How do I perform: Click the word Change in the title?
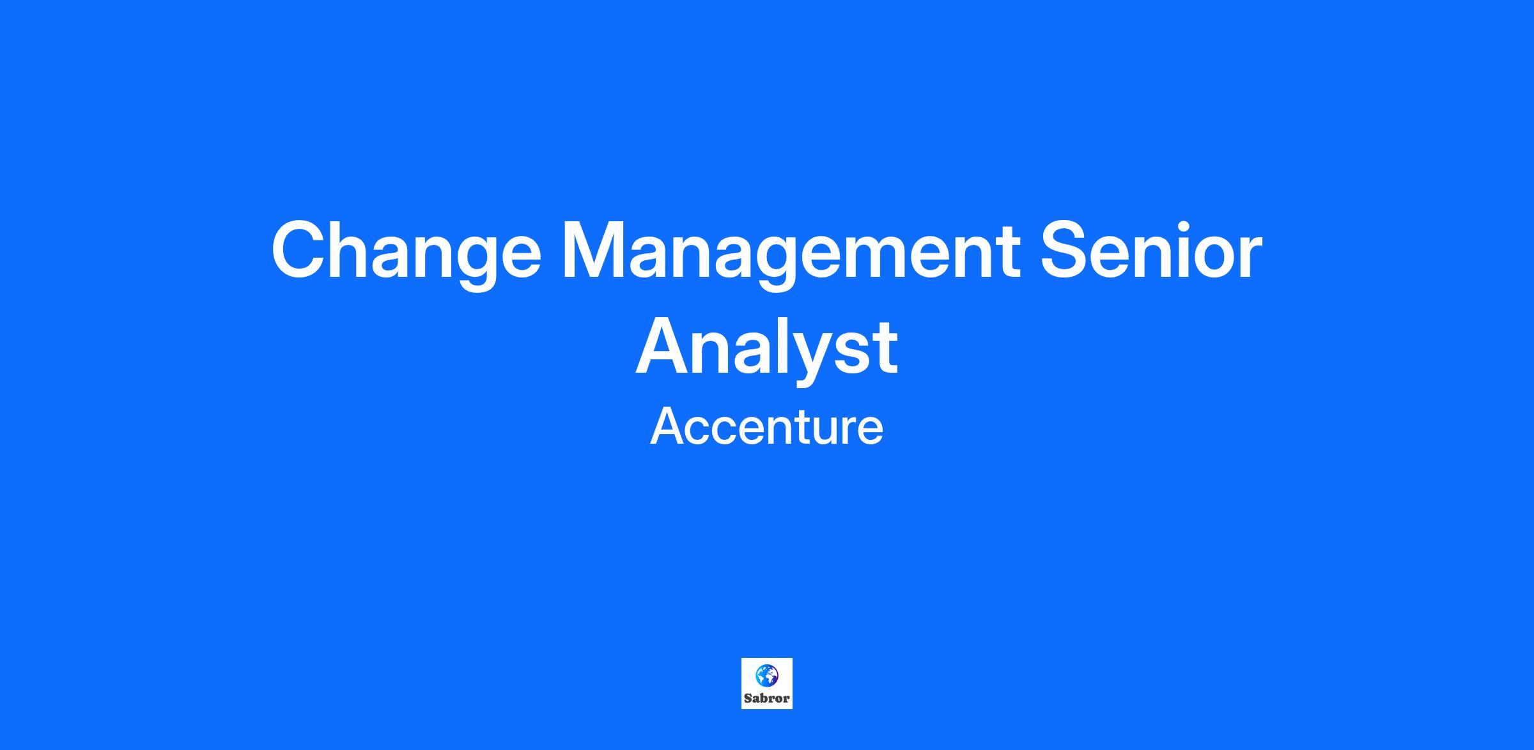(407, 254)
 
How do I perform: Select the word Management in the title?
(791, 254)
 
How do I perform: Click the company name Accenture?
(767, 426)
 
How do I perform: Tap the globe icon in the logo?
(767, 675)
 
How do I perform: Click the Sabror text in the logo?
(767, 698)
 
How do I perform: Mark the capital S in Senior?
(1066, 249)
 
